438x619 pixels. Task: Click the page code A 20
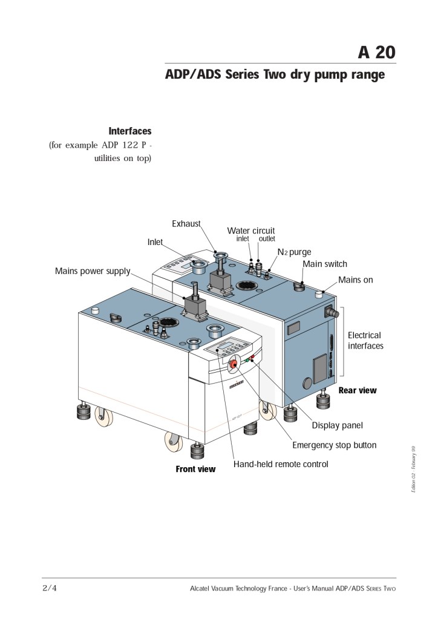(x=376, y=52)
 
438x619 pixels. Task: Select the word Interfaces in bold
(x=129, y=131)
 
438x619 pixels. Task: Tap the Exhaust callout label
(x=186, y=224)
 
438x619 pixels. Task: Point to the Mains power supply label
(x=93, y=270)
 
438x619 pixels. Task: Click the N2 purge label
(x=294, y=252)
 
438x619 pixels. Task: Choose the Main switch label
(x=325, y=264)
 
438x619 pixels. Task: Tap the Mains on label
(x=355, y=280)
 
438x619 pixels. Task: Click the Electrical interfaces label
(x=365, y=341)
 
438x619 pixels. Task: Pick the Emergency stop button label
(x=334, y=445)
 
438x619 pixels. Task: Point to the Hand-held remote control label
(x=281, y=464)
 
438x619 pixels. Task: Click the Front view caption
(x=195, y=469)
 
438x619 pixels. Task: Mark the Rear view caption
(x=357, y=390)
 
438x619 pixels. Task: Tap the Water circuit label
(x=250, y=231)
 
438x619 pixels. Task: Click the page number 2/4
(x=50, y=588)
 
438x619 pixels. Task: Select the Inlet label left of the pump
(x=155, y=242)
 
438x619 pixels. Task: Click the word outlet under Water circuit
(x=267, y=239)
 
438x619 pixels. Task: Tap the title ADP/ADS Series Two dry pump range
(x=275, y=75)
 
